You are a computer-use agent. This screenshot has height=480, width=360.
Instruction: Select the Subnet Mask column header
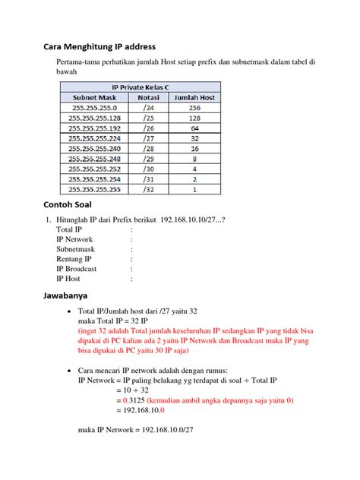tap(95, 98)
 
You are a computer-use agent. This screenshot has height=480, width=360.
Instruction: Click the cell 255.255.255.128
tap(95, 118)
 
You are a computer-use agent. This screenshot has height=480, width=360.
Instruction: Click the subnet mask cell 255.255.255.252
tap(95, 169)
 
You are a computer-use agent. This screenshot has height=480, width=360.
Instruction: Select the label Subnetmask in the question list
tap(75, 248)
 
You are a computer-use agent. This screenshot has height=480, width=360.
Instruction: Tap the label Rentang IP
tap(74, 259)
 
